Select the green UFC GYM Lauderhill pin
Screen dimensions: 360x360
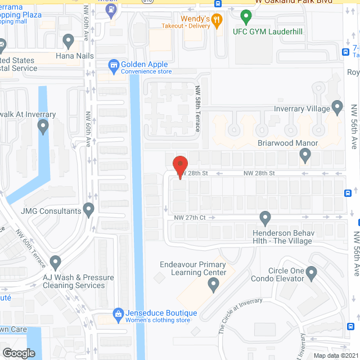245,16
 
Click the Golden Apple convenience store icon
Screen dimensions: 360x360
114,66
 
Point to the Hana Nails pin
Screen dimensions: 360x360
69,40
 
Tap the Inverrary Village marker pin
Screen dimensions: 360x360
337,106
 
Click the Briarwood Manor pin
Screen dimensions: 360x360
305,154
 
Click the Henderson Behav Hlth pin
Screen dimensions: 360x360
265,218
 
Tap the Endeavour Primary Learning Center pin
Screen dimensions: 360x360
213,286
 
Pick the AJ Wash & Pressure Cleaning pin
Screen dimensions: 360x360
55,262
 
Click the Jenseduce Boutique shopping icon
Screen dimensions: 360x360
118,313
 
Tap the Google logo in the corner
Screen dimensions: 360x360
19,353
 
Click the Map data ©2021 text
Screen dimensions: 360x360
335,355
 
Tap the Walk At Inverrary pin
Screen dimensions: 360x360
44,128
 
